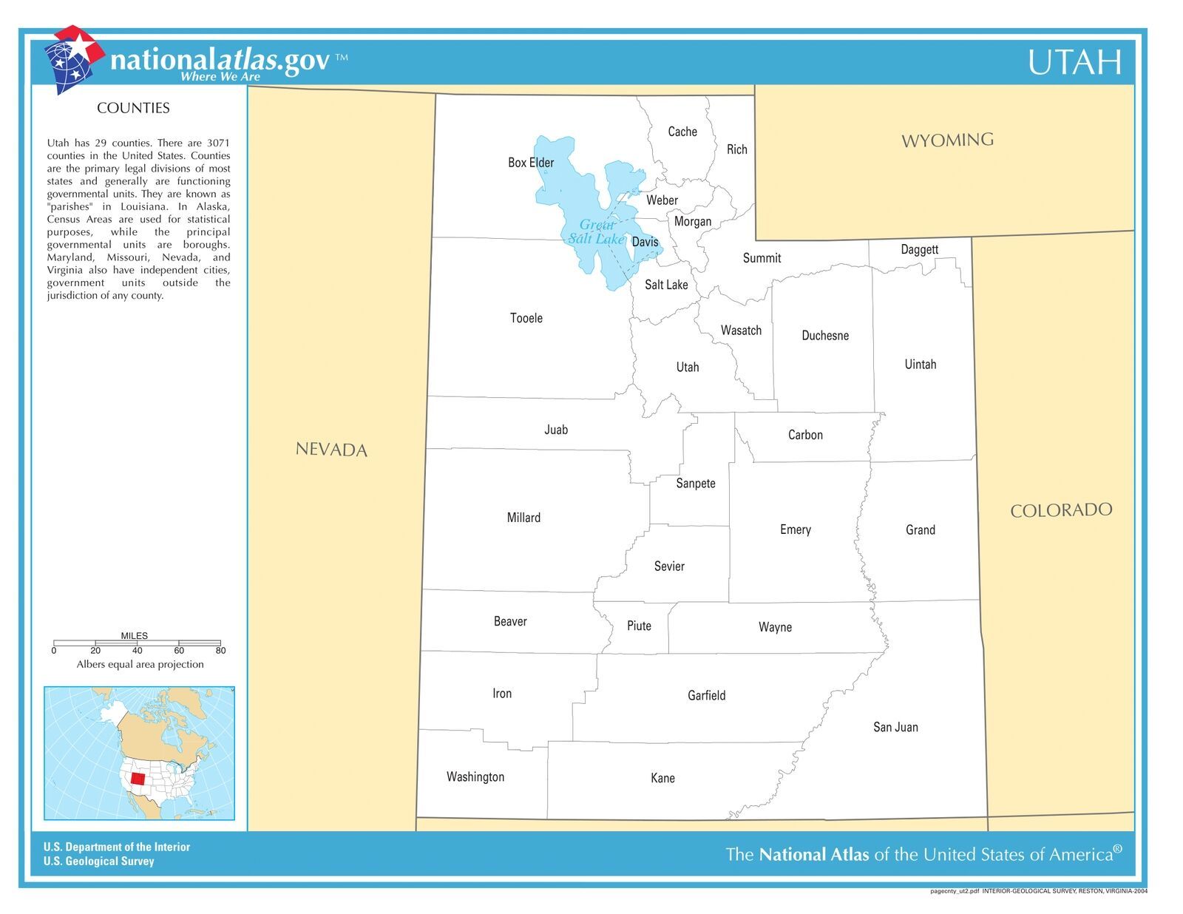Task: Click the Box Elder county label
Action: point(530,163)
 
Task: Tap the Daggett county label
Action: point(919,250)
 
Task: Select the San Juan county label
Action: point(895,728)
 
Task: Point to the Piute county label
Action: point(639,626)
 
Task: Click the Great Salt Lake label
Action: point(596,232)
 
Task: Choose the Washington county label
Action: point(475,777)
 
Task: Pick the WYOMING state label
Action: point(947,141)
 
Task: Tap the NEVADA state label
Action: point(331,450)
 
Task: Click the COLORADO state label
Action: point(1061,510)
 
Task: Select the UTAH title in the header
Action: point(1074,63)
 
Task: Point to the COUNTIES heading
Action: point(133,108)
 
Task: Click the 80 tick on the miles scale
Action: point(220,651)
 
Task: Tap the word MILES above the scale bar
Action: point(134,636)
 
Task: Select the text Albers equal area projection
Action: point(140,665)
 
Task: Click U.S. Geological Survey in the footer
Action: point(98,861)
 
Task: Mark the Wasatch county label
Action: point(741,331)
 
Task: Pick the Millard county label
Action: point(523,518)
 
